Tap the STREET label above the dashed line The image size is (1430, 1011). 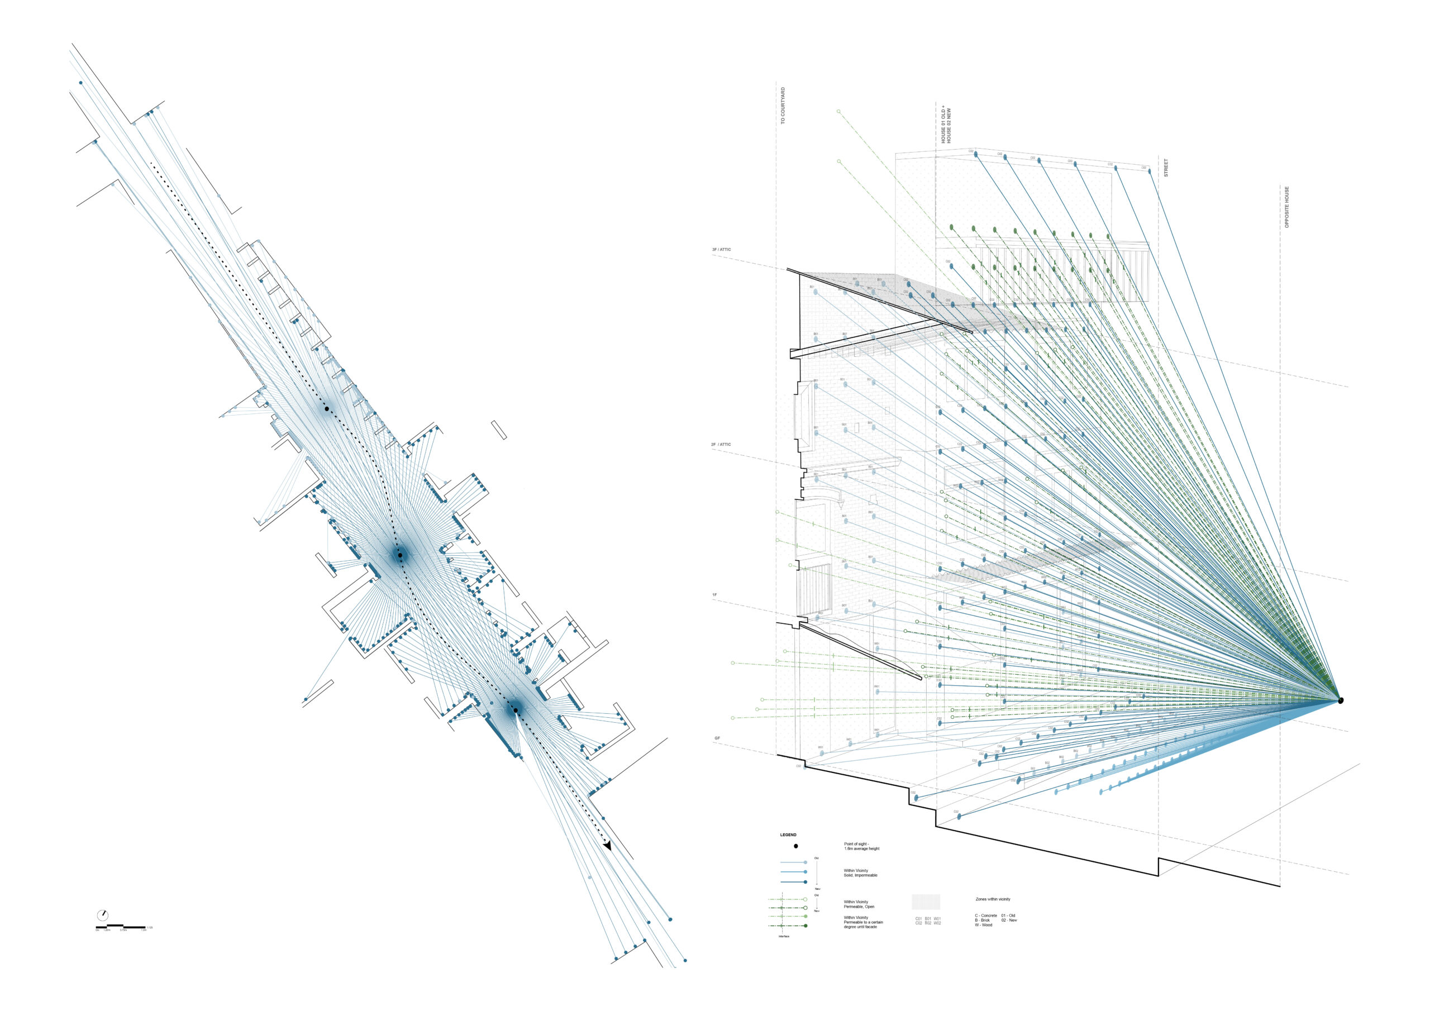pyautogui.click(x=1166, y=168)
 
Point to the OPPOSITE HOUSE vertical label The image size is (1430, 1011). pyautogui.click(x=1287, y=207)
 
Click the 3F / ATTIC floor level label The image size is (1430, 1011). pyautogui.click(x=722, y=250)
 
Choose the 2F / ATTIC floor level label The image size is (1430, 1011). pyautogui.click(x=721, y=445)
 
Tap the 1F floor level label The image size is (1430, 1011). pyautogui.click(x=714, y=595)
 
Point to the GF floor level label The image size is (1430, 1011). pyautogui.click(x=717, y=738)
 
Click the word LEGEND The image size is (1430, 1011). pyautogui.click(x=788, y=834)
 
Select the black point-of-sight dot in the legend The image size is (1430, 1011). pyautogui.click(x=795, y=847)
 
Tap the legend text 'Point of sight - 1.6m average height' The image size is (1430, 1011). pyautogui.click(x=861, y=847)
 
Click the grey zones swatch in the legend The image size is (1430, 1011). pyautogui.click(x=926, y=902)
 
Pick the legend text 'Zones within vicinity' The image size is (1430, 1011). pyautogui.click(x=993, y=899)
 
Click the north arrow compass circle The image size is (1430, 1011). pyautogui.click(x=103, y=915)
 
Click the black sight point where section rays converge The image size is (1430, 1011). pyautogui.click(x=1341, y=701)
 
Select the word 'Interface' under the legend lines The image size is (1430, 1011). pyautogui.click(x=784, y=936)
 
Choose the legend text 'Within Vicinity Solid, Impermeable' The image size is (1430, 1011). pyautogui.click(x=861, y=872)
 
